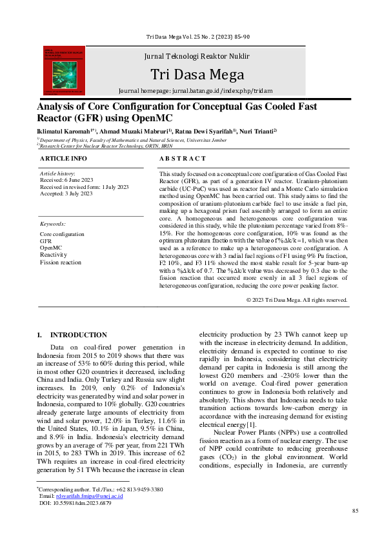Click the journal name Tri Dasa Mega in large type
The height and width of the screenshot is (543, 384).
click(x=197, y=74)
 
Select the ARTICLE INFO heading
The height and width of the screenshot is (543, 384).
click(x=63, y=158)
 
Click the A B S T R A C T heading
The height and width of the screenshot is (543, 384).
click(x=183, y=158)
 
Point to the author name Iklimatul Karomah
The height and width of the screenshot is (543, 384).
click(x=61, y=131)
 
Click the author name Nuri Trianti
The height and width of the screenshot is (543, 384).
click(x=258, y=131)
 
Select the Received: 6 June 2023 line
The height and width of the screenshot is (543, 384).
click(x=68, y=180)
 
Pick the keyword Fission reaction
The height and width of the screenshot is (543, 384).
click(x=61, y=262)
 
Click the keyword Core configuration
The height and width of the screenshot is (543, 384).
click(x=62, y=234)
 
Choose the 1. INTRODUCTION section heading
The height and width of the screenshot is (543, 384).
click(x=72, y=335)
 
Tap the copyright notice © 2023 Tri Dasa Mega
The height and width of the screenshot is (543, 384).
click(x=297, y=300)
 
